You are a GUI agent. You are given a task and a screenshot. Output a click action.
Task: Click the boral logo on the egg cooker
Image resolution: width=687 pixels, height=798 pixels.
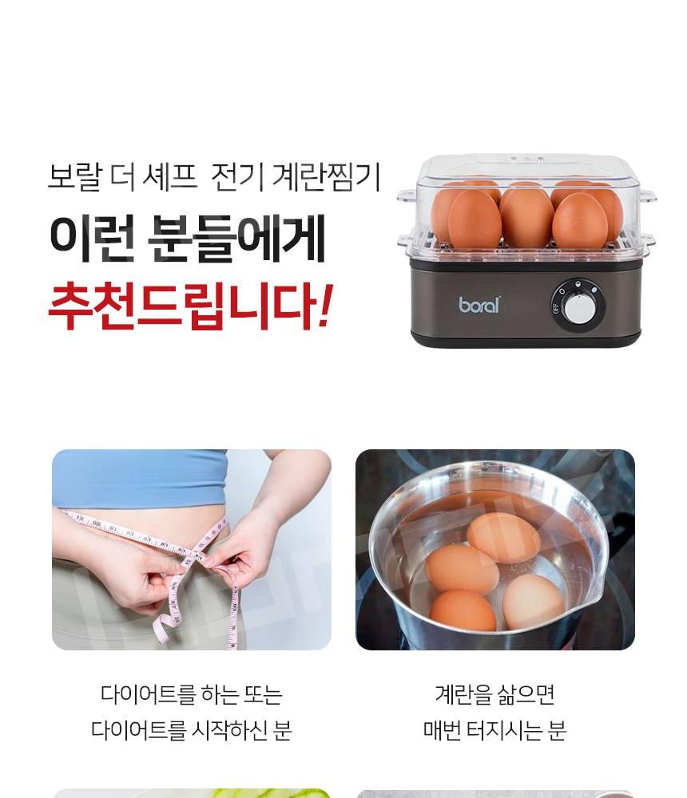click(479, 304)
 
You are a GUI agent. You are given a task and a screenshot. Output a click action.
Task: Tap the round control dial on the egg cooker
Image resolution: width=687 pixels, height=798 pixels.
click(578, 307)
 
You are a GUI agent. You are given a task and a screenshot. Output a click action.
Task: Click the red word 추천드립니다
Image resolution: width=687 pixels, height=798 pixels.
click(181, 307)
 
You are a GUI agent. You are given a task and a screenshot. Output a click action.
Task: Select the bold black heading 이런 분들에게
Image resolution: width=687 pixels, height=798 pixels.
click(187, 239)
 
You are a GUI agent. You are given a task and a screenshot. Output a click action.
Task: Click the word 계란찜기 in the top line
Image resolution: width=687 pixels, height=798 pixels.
click(326, 177)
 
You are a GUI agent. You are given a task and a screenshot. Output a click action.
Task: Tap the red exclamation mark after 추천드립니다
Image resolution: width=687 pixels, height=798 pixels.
click(324, 306)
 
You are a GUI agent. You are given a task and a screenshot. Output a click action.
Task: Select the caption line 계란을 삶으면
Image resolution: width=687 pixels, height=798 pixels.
click(494, 694)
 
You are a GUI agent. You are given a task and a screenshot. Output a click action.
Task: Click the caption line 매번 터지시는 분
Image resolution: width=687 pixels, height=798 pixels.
click(494, 730)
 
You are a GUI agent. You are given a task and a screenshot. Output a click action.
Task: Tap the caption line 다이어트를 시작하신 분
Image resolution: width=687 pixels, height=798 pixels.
click(191, 730)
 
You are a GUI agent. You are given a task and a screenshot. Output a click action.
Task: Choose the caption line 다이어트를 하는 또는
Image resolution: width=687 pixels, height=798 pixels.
click(191, 694)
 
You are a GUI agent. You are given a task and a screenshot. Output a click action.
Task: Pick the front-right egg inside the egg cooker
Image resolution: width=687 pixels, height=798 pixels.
click(579, 220)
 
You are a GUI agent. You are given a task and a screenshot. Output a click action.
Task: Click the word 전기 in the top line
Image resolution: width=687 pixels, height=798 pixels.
click(237, 177)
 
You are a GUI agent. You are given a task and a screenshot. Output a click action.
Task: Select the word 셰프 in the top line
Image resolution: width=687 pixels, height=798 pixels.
click(169, 177)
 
